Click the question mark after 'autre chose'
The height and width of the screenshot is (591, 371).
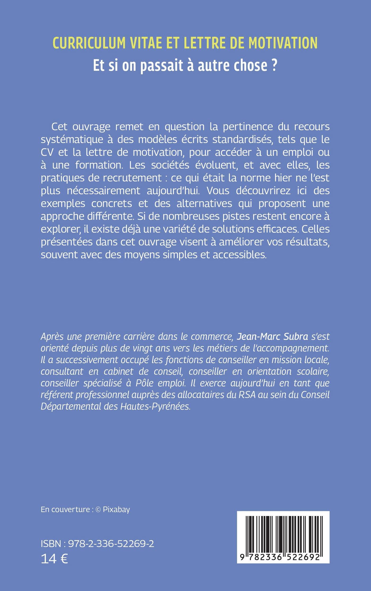pos(274,65)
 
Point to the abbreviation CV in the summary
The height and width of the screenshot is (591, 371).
pos(47,152)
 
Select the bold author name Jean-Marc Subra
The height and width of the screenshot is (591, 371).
pos(272,337)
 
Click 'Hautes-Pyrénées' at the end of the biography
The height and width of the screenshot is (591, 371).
pos(155,407)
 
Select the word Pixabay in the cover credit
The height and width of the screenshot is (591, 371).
pos(116,510)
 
